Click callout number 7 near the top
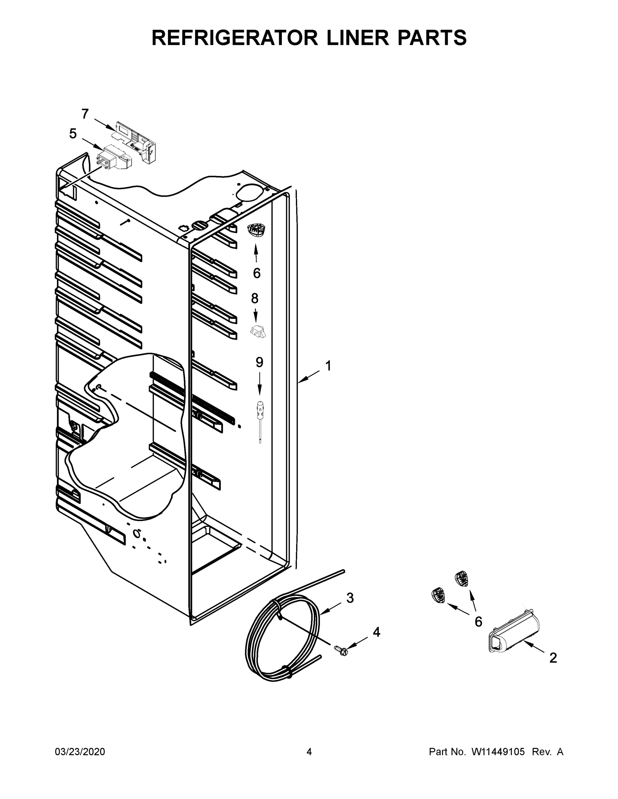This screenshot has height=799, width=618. [x=85, y=114]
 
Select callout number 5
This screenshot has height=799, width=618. [x=73, y=134]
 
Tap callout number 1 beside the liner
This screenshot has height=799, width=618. [x=328, y=366]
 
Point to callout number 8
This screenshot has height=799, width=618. [x=255, y=299]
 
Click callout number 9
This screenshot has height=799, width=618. [x=259, y=362]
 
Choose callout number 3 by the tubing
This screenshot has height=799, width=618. [x=350, y=598]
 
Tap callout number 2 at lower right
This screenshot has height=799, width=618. [x=553, y=668]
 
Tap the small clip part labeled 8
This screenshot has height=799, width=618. [x=258, y=332]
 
